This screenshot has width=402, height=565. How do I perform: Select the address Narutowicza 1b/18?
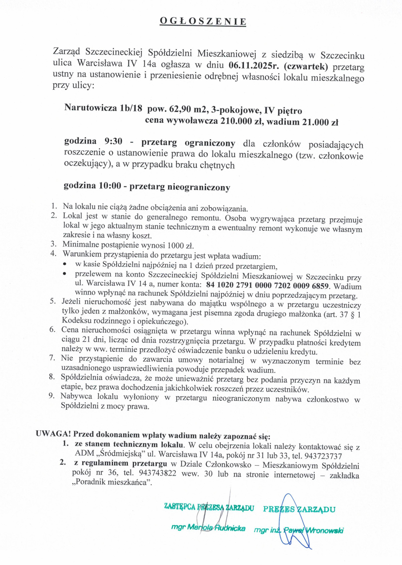coord(103,108)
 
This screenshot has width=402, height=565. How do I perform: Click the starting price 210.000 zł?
coord(241,121)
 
